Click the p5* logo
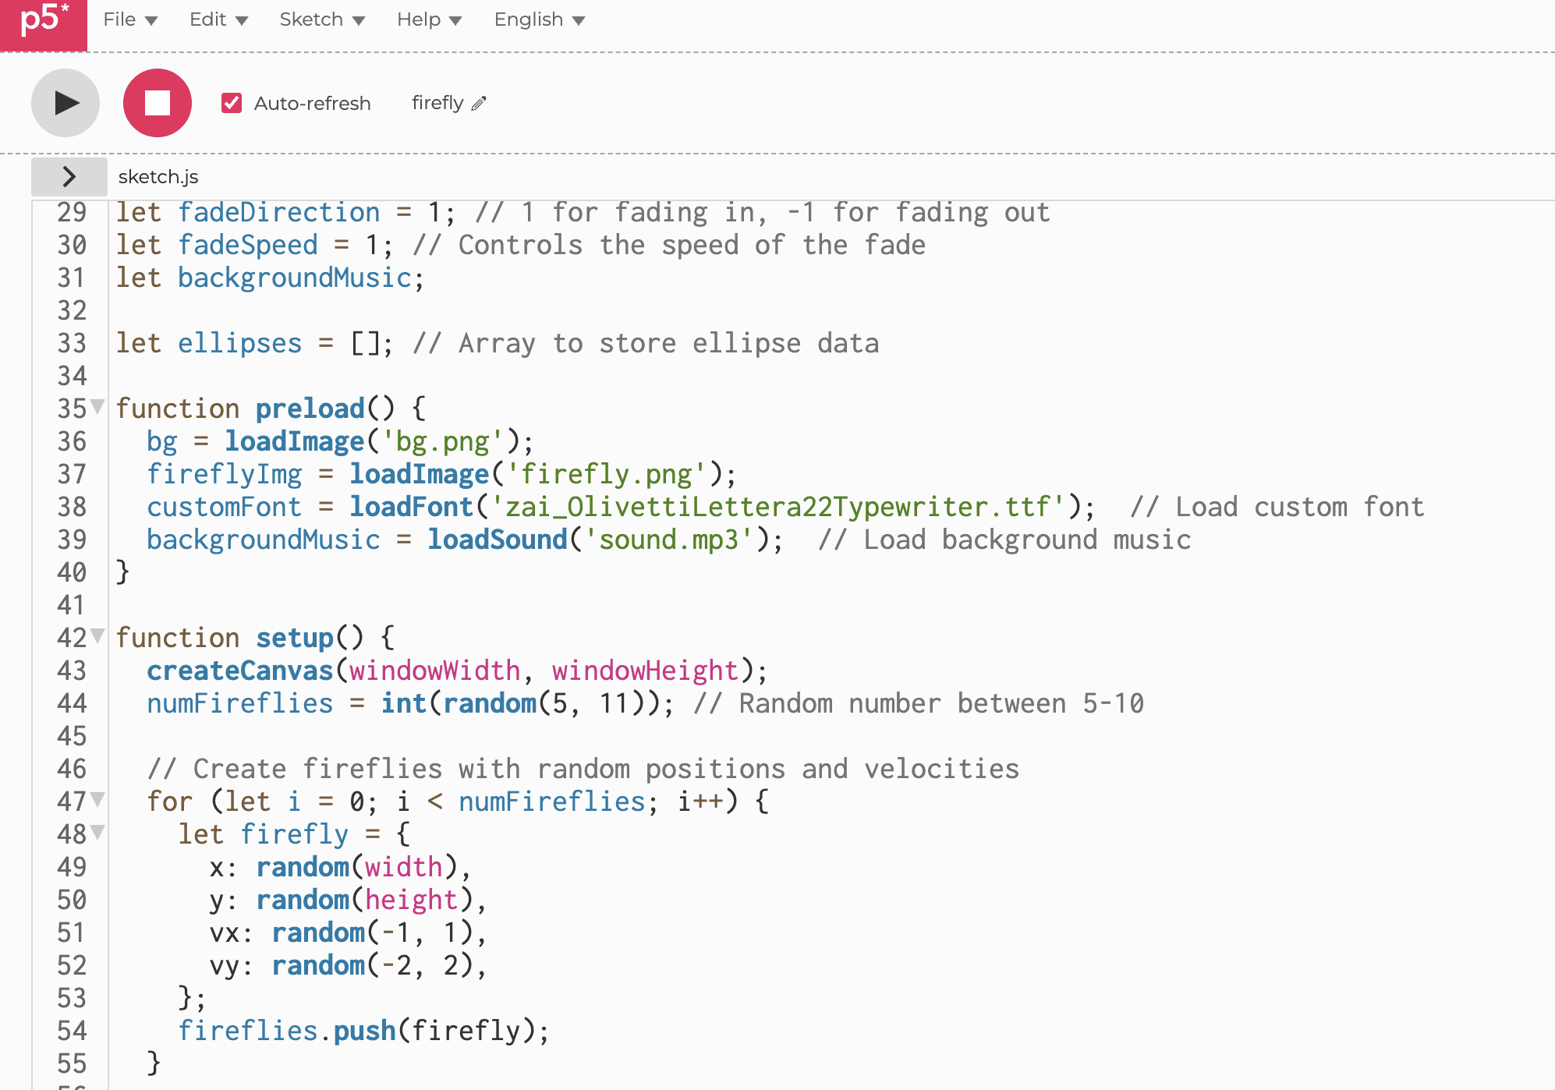tap(44, 23)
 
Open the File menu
tap(130, 19)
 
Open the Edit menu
tap(218, 19)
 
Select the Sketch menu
tap(322, 19)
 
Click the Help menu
tap(429, 19)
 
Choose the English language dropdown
tap(540, 19)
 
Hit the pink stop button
tap(158, 103)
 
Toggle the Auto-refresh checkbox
tap(232, 103)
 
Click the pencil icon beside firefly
tap(479, 103)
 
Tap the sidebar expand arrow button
tap(69, 177)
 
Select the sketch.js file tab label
tap(158, 177)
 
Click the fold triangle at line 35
tap(97, 405)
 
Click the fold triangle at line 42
tap(97, 635)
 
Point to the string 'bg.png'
tap(443, 441)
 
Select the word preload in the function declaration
tap(310, 409)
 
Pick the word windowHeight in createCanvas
tap(645, 671)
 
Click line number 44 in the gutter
tap(72, 703)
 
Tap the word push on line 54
tap(365, 1031)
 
